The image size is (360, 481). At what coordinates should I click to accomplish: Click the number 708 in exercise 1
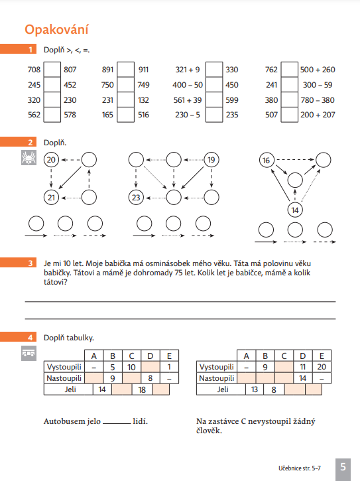[x=34, y=70]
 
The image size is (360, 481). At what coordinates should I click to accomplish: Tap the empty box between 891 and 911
[x=125, y=70]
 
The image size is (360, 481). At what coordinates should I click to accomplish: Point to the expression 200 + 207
[x=318, y=115]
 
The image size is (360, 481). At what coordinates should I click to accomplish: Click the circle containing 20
[x=51, y=160]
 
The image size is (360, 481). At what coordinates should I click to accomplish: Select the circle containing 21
[x=51, y=197]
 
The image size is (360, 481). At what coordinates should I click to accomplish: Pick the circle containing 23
[x=136, y=197]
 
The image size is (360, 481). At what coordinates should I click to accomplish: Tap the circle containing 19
[x=211, y=160]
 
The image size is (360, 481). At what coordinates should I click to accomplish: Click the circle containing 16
[x=267, y=161]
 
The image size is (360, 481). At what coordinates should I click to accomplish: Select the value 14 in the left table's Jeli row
[x=102, y=389]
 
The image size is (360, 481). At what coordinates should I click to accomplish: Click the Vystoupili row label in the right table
[x=217, y=367]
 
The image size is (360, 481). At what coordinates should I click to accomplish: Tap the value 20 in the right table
[x=322, y=367]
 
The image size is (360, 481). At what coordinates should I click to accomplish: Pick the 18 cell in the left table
[x=141, y=389]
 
